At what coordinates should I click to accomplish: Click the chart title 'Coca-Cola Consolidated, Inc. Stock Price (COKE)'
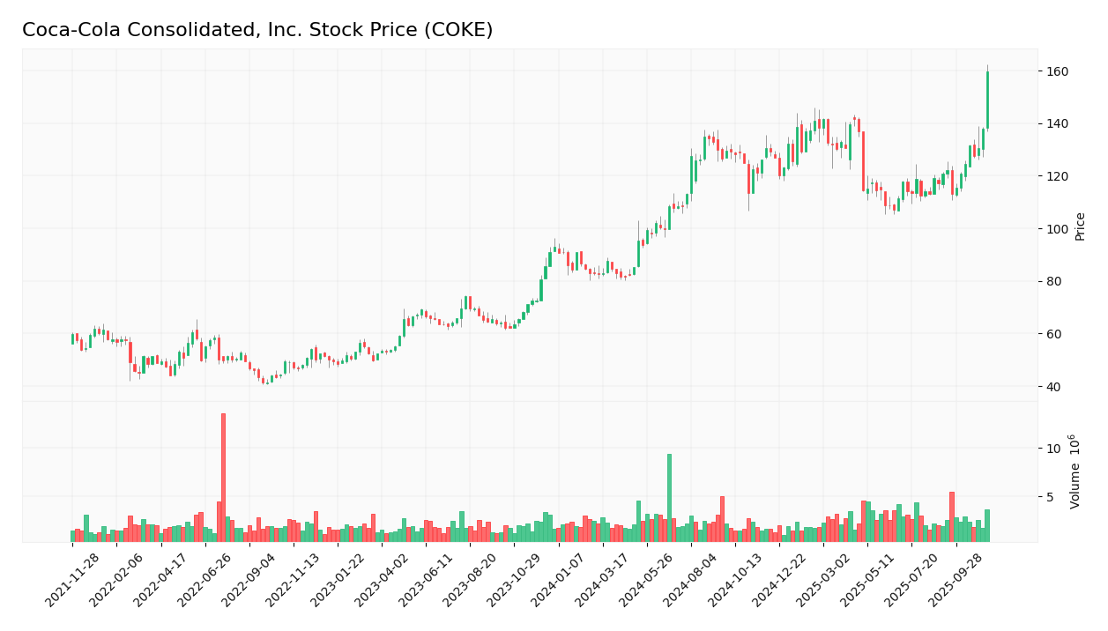[257, 30]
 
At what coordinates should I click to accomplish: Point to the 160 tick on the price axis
[1057, 71]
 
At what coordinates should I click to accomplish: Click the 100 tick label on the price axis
[1057, 229]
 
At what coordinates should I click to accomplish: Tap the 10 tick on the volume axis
[1053, 449]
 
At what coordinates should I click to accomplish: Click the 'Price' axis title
[1080, 226]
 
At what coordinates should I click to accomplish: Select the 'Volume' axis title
[1075, 471]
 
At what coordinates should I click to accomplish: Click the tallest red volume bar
[223, 478]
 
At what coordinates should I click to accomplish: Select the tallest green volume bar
[669, 498]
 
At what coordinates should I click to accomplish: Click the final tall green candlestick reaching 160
[987, 100]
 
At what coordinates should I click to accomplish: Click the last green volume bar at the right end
[987, 525]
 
